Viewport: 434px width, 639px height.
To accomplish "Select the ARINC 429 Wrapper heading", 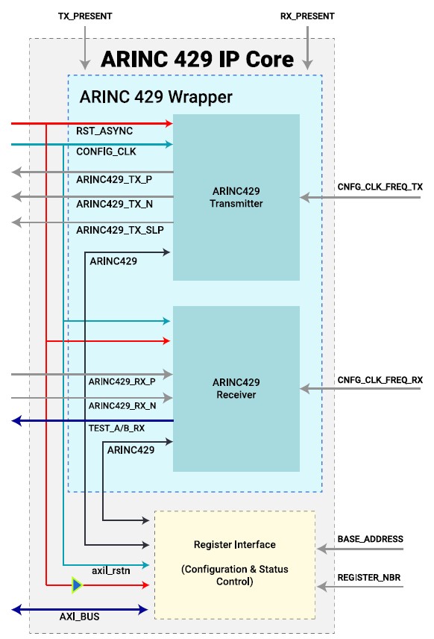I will click(x=156, y=97).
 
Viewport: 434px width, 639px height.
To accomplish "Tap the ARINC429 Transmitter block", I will click(x=236, y=197).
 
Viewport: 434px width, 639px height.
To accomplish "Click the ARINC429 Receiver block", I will click(x=236, y=388).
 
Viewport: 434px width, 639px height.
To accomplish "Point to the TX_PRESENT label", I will click(x=84, y=15).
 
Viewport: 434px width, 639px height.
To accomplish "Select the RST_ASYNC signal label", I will click(x=104, y=131).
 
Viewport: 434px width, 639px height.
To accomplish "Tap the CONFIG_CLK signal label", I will click(x=107, y=152).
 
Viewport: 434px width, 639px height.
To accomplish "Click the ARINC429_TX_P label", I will click(x=114, y=180).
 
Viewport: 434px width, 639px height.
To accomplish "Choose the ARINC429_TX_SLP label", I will click(x=120, y=231).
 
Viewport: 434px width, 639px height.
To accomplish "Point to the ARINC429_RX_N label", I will click(x=122, y=406).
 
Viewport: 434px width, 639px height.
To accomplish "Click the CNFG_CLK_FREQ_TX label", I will click(x=380, y=186).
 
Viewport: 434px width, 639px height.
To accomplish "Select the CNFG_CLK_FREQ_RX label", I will click(x=380, y=380).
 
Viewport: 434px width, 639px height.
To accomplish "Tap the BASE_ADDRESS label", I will click(x=371, y=539).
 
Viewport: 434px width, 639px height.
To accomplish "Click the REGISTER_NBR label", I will click(x=371, y=577).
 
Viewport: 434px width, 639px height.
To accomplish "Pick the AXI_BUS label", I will click(x=79, y=617).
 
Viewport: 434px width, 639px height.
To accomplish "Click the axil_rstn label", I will click(x=111, y=570).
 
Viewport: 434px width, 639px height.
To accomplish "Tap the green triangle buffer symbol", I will click(x=76, y=585).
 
